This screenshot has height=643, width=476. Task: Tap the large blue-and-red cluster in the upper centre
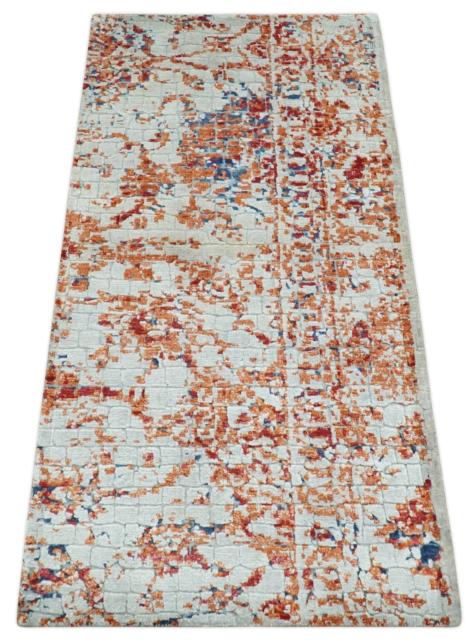(220, 130)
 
